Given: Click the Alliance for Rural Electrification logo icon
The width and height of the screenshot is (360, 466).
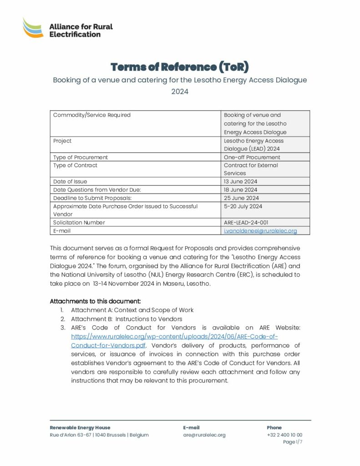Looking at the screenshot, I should point(33,28).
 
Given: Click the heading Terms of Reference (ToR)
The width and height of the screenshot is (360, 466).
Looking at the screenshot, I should point(180,67).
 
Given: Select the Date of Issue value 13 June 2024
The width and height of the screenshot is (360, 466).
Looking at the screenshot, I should point(240,182).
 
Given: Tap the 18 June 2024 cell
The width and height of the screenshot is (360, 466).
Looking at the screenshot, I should point(240,190).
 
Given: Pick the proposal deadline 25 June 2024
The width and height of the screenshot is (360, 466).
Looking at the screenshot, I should point(241,198).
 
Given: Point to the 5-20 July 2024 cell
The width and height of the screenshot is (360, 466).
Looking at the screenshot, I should point(243,206).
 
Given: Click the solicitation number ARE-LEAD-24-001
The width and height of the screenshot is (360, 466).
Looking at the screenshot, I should point(246,223).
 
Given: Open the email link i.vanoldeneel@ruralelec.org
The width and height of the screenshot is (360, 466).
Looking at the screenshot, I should point(260,231).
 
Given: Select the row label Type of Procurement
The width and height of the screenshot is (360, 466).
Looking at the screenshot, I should point(81,157).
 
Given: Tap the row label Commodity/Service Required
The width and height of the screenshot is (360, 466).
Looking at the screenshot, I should point(92,115).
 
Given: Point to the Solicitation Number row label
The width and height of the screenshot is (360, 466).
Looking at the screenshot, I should point(79,223).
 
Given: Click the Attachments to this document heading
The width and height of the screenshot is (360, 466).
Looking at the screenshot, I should point(96,301).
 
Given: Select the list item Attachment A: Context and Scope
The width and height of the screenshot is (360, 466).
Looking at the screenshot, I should point(132,310).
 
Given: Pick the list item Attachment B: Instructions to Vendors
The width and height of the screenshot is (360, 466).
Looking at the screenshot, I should point(127,319).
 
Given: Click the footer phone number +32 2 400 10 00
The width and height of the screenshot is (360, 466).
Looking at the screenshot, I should point(284,435).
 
